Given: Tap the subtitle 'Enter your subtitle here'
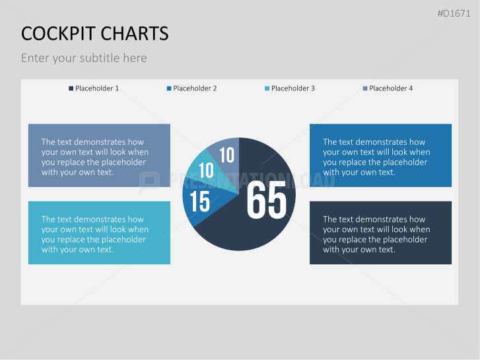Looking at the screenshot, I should [84, 58].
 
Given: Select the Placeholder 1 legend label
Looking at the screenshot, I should [97, 89].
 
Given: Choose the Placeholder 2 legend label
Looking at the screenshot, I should [195, 89].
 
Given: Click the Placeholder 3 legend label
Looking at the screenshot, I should [292, 89].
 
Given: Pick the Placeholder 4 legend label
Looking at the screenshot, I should [391, 89].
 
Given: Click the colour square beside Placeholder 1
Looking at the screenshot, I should [71, 89].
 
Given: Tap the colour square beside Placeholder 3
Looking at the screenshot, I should [267, 89].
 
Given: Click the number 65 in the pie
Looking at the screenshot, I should [267, 201].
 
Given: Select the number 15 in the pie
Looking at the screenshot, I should [199, 201].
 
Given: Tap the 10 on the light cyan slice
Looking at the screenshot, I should [206, 170].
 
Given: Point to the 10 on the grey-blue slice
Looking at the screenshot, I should [226, 155].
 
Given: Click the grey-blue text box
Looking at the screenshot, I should [99, 155].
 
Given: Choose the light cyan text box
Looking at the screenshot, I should [99, 233].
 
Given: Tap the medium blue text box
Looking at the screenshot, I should [380, 155].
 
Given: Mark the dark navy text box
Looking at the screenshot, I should [380, 233].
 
